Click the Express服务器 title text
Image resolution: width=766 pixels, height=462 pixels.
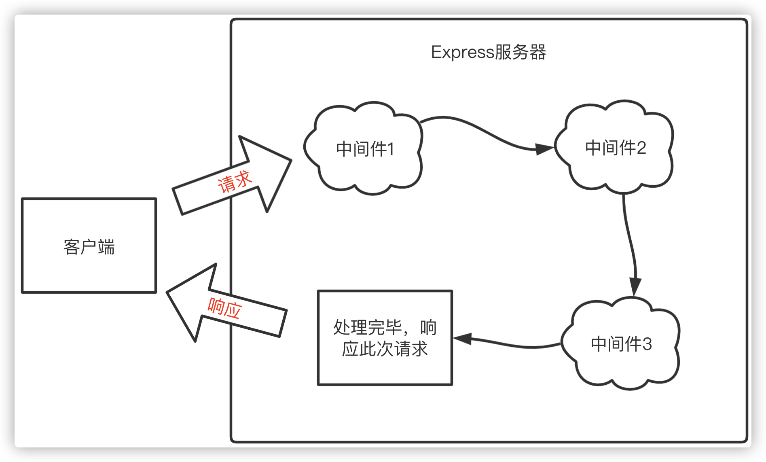click(x=489, y=52)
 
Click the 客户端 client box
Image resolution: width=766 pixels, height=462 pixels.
click(x=89, y=246)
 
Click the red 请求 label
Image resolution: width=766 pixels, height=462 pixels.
click(x=235, y=182)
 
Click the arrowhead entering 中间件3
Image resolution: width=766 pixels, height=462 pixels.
click(x=635, y=287)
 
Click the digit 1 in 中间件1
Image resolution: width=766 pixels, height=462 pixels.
click(x=390, y=149)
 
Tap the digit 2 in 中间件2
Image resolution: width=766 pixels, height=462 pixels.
click(x=641, y=148)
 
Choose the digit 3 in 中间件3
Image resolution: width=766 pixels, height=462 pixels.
click(x=647, y=344)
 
